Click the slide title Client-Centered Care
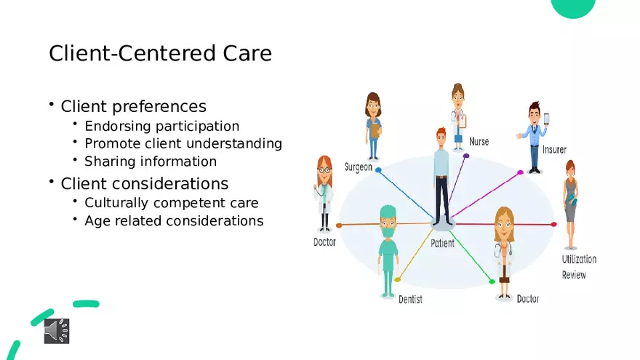click(160, 53)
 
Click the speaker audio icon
click(56, 330)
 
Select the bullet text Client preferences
click(133, 106)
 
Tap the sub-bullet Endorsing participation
click(161, 126)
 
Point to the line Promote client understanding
click(183, 143)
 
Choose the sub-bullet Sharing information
click(151, 161)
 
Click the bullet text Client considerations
click(144, 183)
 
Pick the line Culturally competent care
click(171, 203)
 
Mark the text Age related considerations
click(174, 220)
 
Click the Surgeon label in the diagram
click(358, 167)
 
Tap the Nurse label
click(479, 142)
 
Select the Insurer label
click(554, 150)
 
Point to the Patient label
click(442, 244)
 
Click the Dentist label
click(410, 299)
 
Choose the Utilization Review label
click(579, 267)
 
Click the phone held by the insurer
click(546, 119)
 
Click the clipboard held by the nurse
click(461, 121)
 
